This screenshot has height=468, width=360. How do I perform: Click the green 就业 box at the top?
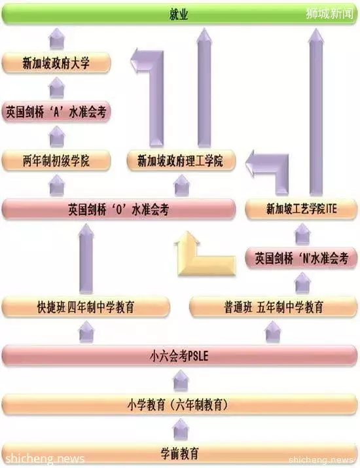tap(179, 14)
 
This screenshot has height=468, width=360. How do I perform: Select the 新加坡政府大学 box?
tap(56, 63)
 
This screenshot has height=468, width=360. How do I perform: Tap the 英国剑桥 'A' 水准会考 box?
tap(56, 112)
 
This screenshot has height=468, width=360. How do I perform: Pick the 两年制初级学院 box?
tap(56, 161)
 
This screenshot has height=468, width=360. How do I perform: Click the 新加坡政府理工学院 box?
tap(181, 161)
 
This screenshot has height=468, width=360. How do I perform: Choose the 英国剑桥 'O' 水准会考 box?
tap(118, 209)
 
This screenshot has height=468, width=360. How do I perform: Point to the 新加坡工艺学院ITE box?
tap(301, 209)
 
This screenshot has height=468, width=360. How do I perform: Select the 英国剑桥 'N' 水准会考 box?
tap(301, 258)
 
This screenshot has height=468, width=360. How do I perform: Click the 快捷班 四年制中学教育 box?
tap(86, 307)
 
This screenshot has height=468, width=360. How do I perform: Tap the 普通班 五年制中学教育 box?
tap(274, 307)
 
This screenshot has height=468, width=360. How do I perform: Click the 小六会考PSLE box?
tap(179, 356)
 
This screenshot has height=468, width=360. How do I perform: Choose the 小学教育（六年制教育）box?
tap(179, 405)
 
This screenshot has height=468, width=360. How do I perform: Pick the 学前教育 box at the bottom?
tap(179, 454)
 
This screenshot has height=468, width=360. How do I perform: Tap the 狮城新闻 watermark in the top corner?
tap(329, 14)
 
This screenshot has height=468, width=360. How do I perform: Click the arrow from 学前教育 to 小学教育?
tap(181, 429)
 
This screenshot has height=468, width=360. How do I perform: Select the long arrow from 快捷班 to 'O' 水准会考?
tap(86, 259)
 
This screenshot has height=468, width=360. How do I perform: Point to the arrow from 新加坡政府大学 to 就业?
tap(57, 38)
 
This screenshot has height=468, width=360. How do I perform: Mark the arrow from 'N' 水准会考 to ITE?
tap(302, 234)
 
